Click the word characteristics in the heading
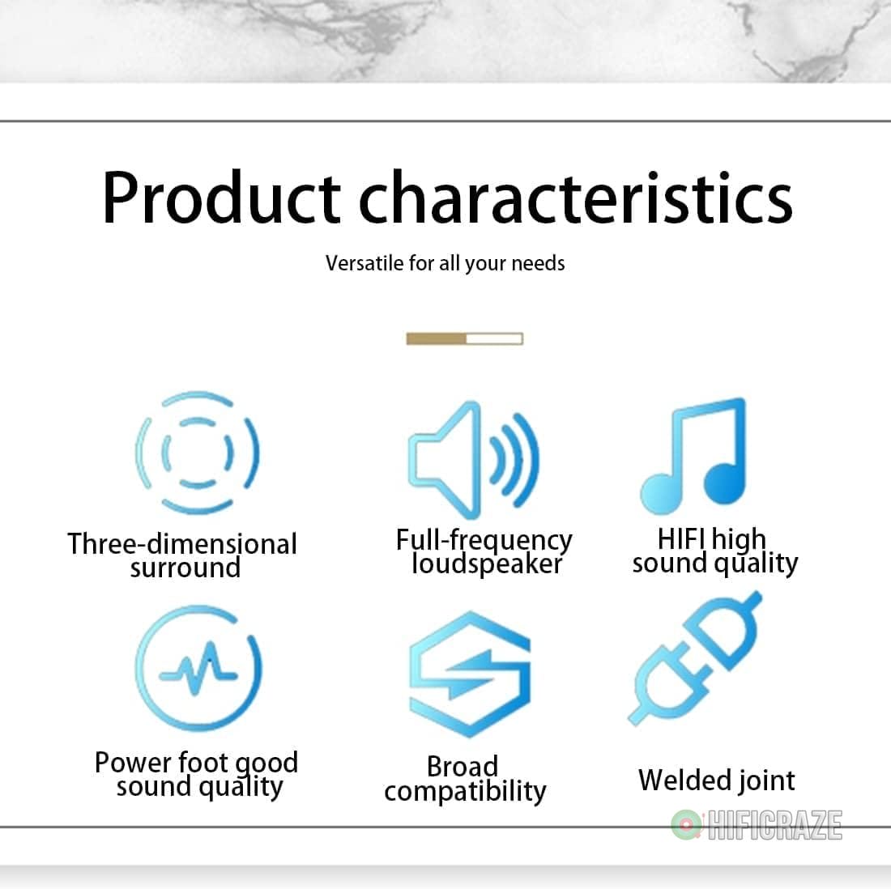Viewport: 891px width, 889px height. pyautogui.click(x=576, y=197)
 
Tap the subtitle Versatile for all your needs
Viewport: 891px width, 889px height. pyautogui.click(x=445, y=264)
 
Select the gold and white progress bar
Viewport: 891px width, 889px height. pyautogui.click(x=465, y=338)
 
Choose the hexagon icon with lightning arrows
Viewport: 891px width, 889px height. pyautogui.click(x=469, y=674)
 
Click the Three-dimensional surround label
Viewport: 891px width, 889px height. pyautogui.click(x=182, y=555)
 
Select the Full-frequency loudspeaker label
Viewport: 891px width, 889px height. pyautogui.click(x=484, y=551)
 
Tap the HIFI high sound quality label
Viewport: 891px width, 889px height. pyautogui.click(x=715, y=551)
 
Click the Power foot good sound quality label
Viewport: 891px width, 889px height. pyautogui.click(x=197, y=774)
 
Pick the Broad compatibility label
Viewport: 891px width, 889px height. pyautogui.click(x=465, y=779)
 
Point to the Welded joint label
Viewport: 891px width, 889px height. pyautogui.click(x=717, y=780)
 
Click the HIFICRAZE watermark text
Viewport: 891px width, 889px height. pyautogui.click(x=774, y=825)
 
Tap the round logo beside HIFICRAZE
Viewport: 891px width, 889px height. pyautogui.click(x=687, y=825)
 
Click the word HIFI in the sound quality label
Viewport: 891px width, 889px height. pyautogui.click(x=681, y=538)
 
